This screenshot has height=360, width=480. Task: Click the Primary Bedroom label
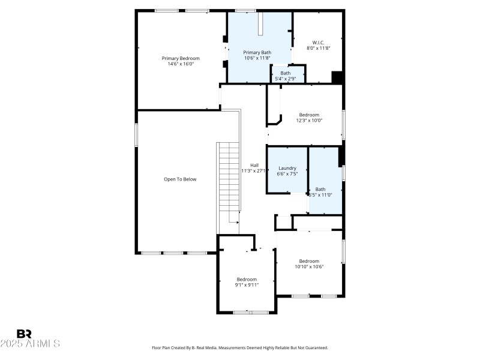(181, 58)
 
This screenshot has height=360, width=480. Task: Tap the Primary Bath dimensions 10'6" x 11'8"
(257, 58)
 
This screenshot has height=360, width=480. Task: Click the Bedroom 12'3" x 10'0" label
(309, 115)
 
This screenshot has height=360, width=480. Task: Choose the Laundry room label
(287, 168)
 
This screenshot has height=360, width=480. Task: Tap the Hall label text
(254, 165)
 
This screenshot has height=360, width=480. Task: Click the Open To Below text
(180, 179)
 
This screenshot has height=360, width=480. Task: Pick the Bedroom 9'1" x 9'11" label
(247, 279)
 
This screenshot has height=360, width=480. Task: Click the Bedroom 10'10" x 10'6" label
(309, 261)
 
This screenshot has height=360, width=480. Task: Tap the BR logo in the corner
(24, 334)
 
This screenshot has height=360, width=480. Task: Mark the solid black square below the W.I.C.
(337, 77)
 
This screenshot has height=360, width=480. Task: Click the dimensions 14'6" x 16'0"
(181, 64)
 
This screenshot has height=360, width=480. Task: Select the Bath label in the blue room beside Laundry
(320, 189)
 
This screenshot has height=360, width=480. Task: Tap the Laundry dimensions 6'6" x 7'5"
(287, 174)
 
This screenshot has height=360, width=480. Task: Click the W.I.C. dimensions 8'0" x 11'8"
(318, 48)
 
